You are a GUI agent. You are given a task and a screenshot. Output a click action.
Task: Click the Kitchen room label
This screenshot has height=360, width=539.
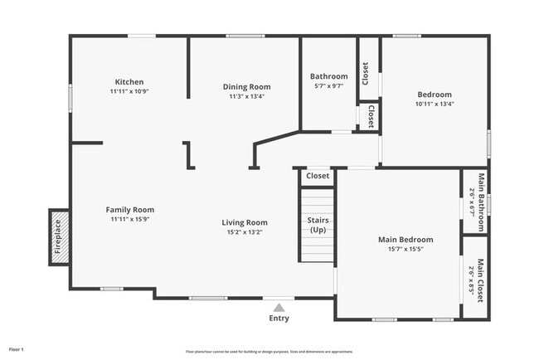(129, 81)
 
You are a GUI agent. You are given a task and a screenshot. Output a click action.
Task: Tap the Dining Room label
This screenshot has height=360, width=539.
(246, 86)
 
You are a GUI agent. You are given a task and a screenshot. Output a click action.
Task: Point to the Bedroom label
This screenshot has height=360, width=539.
(434, 95)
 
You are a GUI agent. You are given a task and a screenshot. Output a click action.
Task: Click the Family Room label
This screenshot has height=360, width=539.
(129, 210)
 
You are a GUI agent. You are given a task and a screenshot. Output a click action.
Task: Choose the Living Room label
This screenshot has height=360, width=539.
(245, 221)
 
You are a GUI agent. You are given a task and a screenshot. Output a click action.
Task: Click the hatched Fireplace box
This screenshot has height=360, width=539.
(58, 236)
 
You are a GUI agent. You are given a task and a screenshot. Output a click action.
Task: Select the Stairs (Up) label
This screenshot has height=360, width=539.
(318, 225)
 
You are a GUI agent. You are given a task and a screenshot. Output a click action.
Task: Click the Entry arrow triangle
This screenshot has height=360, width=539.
(279, 307)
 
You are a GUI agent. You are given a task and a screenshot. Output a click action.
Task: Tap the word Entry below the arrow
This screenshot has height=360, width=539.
(279, 318)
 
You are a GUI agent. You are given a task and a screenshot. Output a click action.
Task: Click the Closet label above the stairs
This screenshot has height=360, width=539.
(318, 176)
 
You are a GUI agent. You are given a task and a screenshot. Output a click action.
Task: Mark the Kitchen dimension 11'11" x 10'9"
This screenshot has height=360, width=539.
(129, 91)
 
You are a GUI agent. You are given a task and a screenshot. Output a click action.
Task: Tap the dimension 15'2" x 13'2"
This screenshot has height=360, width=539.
(245, 231)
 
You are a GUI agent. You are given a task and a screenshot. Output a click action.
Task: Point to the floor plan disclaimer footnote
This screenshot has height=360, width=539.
(269, 352)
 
